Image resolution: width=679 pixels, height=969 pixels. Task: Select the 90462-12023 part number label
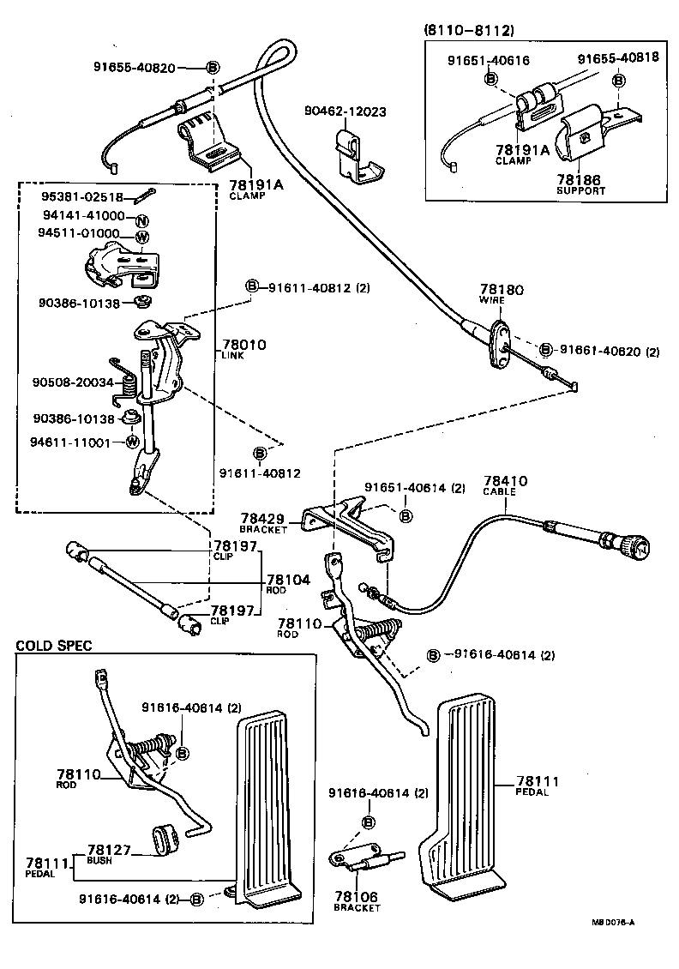pyautogui.click(x=345, y=111)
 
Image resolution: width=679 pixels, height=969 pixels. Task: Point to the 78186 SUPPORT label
pyautogui.click(x=580, y=184)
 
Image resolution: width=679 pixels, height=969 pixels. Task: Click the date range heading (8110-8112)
pyautogui.click(x=468, y=30)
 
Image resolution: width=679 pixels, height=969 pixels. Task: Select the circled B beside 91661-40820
pyautogui.click(x=547, y=350)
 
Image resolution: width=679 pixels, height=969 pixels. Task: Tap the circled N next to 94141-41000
pyautogui.click(x=142, y=217)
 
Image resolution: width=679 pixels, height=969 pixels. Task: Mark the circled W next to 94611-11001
pyautogui.click(x=133, y=442)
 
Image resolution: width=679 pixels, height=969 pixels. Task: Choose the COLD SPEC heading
pyautogui.click(x=53, y=646)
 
